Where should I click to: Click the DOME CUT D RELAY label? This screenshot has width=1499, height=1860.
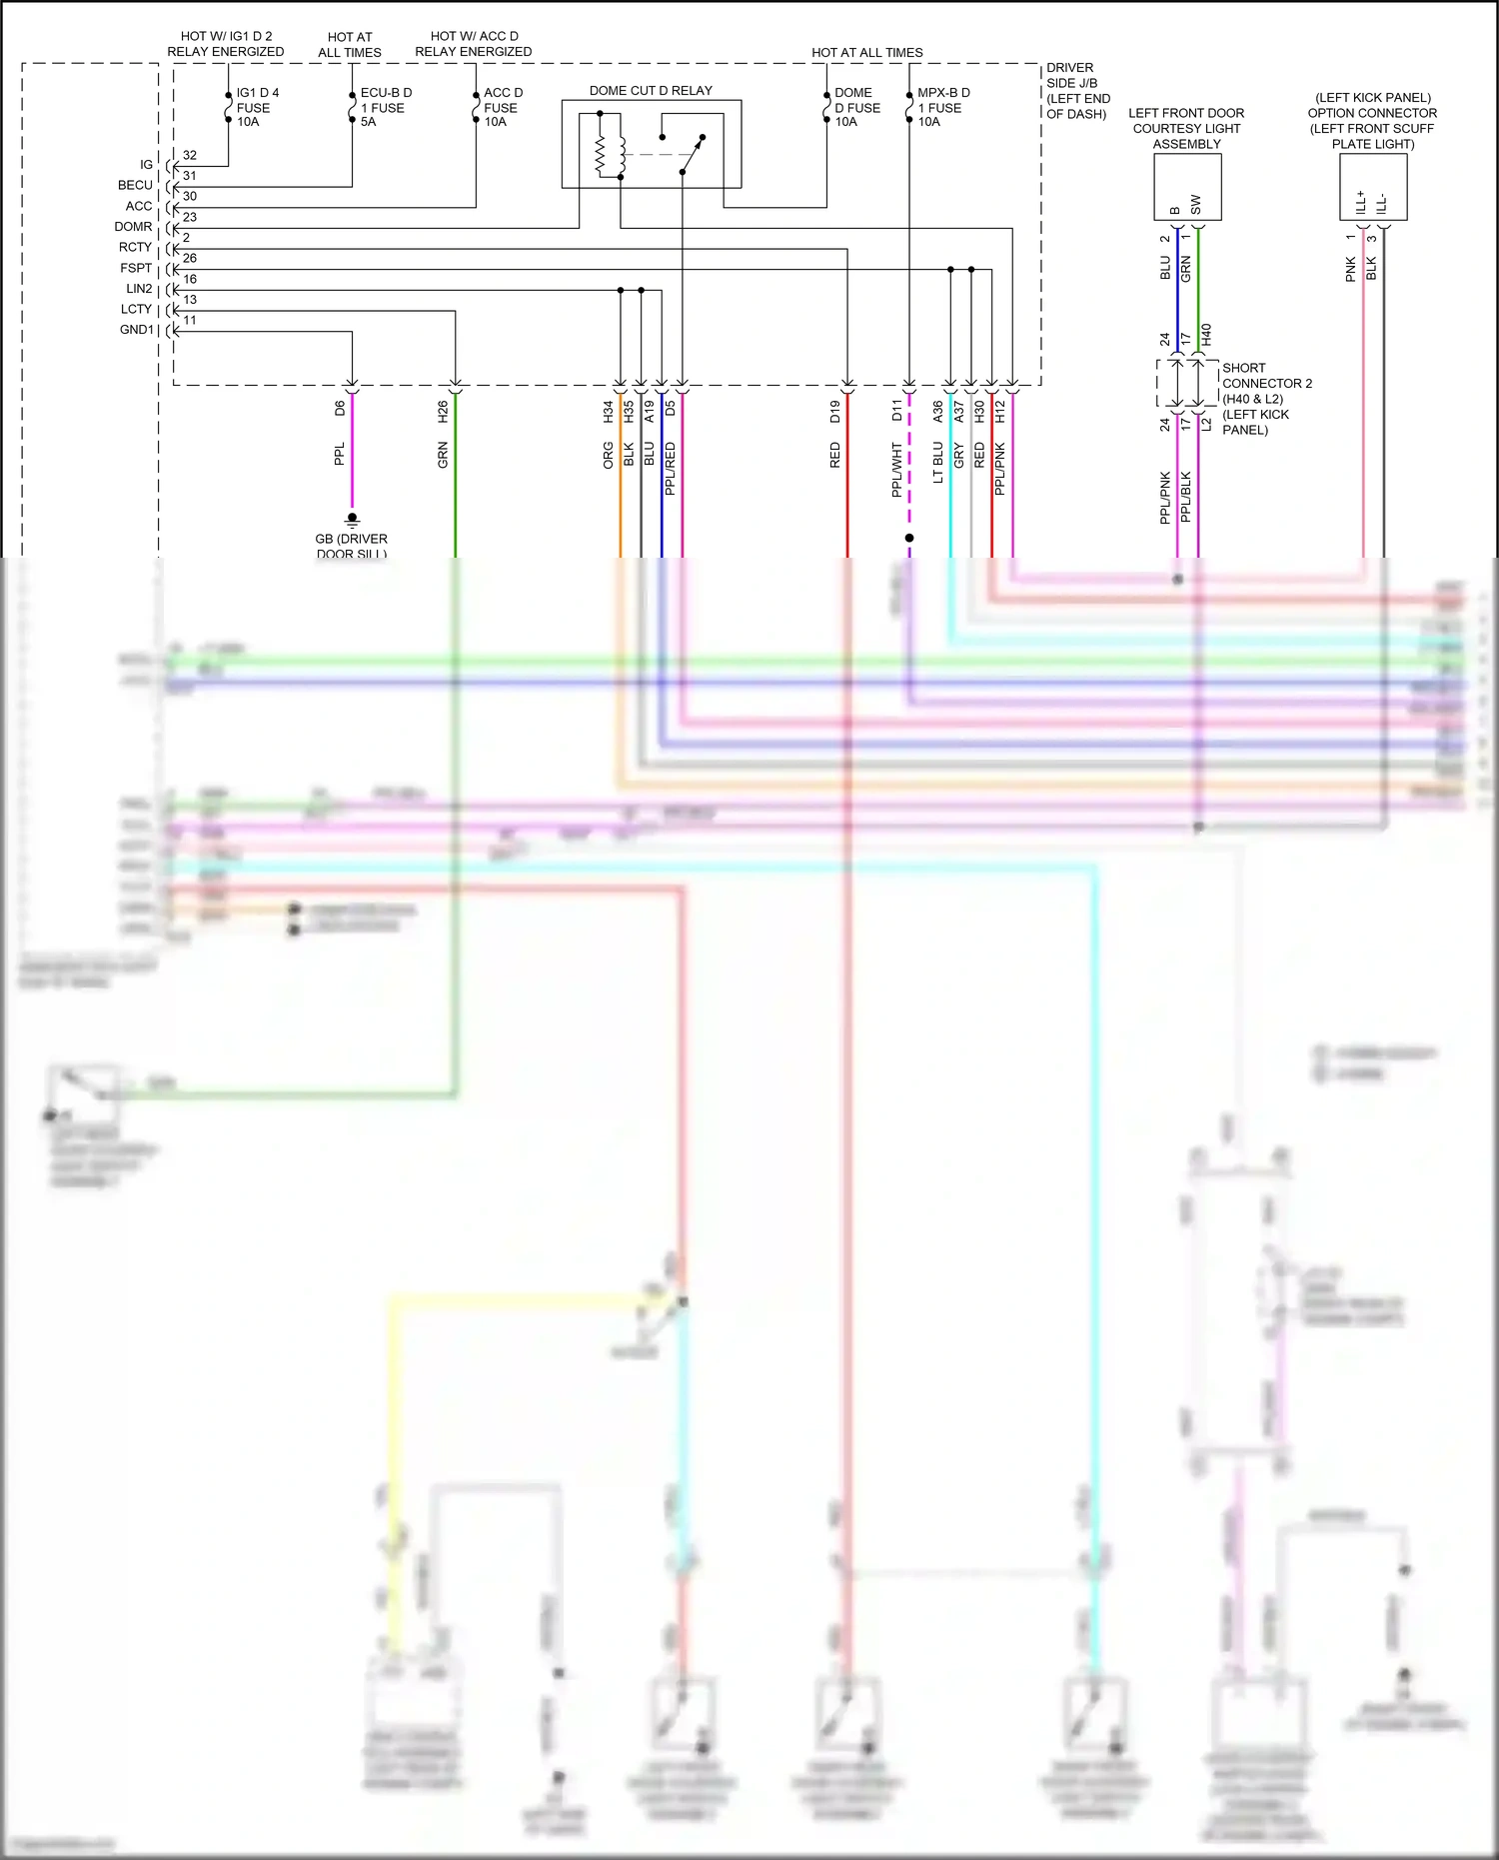pyautogui.click(x=651, y=91)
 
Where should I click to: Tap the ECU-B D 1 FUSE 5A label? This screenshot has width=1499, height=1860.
pyautogui.click(x=386, y=107)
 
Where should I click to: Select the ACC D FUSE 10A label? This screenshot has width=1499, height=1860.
pyautogui.click(x=503, y=107)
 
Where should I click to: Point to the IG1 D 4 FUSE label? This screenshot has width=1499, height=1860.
pyautogui.click(x=257, y=107)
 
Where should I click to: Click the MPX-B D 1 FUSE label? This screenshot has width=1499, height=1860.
pyautogui.click(x=943, y=107)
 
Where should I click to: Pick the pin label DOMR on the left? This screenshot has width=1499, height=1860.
pyautogui.click(x=133, y=227)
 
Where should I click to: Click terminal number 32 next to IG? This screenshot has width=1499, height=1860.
pyautogui.click(x=190, y=155)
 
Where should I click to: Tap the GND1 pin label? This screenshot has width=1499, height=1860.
pyautogui.click(x=136, y=330)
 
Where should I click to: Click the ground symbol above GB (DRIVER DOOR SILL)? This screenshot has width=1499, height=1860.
pyautogui.click(x=352, y=519)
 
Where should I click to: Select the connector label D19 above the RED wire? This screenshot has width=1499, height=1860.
pyautogui.click(x=835, y=411)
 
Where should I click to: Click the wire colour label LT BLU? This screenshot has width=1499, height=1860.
pyautogui.click(x=938, y=463)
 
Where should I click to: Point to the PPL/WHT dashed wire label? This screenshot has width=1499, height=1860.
pyautogui.click(x=897, y=469)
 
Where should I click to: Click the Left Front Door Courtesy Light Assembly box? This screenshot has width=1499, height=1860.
pyautogui.click(x=1187, y=187)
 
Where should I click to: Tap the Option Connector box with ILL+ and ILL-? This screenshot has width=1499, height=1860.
pyautogui.click(x=1373, y=187)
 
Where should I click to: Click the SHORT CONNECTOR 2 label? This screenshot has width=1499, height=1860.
pyautogui.click(x=1266, y=376)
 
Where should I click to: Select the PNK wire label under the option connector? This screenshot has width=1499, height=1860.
pyautogui.click(x=1351, y=269)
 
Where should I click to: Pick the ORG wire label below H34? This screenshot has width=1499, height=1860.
pyautogui.click(x=608, y=456)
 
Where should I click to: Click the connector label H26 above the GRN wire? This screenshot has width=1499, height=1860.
pyautogui.click(x=443, y=411)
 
